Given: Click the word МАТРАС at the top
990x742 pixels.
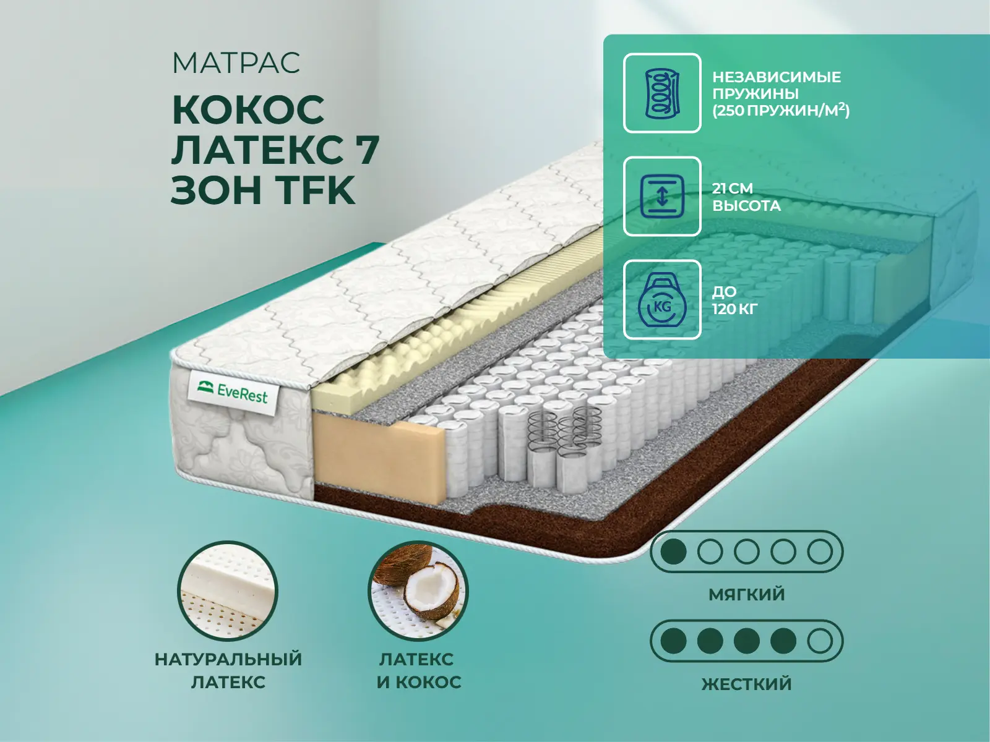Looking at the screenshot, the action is tap(236, 62).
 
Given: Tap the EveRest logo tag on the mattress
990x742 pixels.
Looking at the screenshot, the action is tap(233, 393).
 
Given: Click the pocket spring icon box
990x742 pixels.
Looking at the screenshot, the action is tap(662, 93).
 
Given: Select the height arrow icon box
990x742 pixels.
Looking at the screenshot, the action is tap(662, 196).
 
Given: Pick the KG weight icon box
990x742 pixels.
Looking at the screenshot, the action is tap(662, 299).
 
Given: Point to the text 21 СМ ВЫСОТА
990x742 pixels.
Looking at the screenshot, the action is tap(746, 197).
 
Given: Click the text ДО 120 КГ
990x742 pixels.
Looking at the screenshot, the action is tap(734, 300).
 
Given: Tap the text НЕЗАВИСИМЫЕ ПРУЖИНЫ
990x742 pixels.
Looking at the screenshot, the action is tap(777, 85).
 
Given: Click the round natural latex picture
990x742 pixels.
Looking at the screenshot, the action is tap(228, 592).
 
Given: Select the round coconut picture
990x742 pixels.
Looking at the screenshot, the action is tap(418, 592).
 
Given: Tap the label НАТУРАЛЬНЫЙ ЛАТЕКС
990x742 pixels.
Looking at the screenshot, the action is tap(228, 670).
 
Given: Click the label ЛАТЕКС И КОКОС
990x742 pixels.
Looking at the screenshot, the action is tap(419, 670).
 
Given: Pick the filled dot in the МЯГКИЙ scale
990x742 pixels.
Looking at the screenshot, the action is tap(673, 551).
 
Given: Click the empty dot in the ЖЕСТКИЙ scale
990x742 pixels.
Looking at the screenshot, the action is tap(820, 641).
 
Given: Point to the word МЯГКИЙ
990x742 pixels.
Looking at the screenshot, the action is tap(746, 595).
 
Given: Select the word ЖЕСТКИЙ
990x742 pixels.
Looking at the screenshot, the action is tap(746, 684).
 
